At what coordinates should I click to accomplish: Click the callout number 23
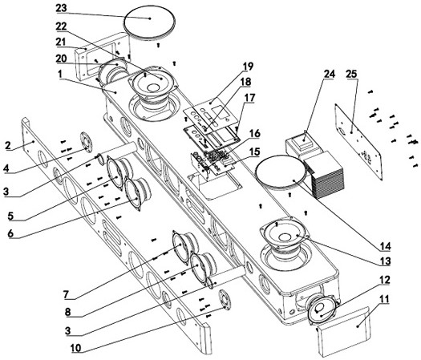(61, 8)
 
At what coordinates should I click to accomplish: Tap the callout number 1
(60, 75)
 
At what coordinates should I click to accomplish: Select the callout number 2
(8, 145)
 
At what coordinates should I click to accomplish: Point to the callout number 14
(385, 246)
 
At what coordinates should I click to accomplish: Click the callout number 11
(384, 299)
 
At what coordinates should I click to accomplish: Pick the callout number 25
(352, 74)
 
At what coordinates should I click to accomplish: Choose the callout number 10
(76, 348)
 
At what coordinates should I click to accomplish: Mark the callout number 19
(248, 66)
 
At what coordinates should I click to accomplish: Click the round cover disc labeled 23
(150, 24)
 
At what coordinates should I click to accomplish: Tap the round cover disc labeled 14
(281, 172)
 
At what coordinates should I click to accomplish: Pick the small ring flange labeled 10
(225, 300)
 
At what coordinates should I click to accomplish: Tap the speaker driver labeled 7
(185, 247)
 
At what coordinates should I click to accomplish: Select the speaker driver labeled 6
(137, 194)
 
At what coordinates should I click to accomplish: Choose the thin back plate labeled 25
(358, 141)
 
